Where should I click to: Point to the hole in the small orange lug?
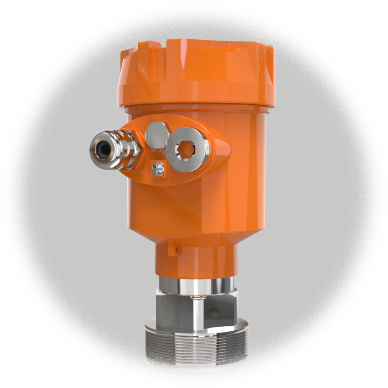point(175,250)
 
